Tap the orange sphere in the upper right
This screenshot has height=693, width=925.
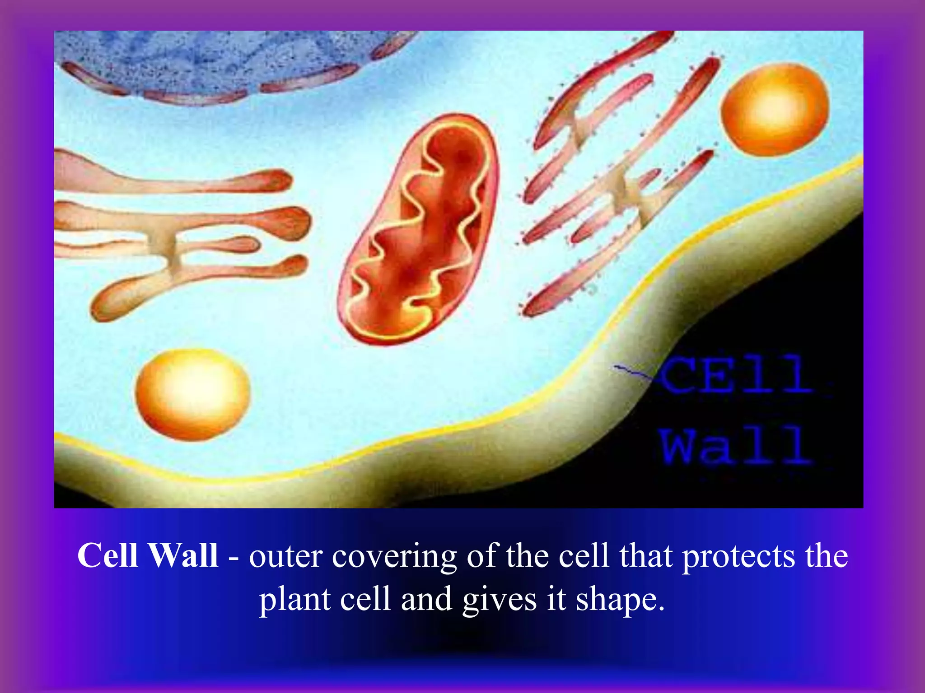coord(774,110)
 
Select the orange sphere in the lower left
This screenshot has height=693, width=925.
coord(193,394)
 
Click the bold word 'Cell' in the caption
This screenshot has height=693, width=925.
coord(107,555)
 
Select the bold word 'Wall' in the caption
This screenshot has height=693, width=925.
coord(183,555)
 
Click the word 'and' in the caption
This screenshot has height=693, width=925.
coord(426,599)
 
